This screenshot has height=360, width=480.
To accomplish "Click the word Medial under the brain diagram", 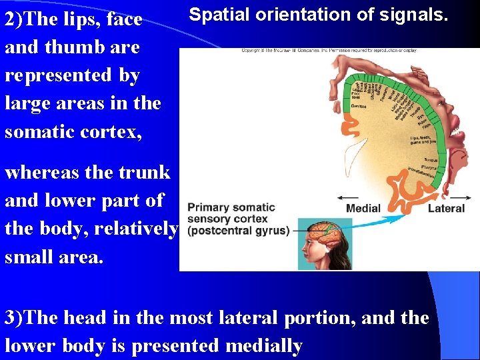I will click(363, 209).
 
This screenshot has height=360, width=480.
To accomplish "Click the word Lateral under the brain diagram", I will click(446, 209).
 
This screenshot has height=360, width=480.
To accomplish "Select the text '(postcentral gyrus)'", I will click(238, 231).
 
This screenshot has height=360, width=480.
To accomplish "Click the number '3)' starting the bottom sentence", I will click(13, 318).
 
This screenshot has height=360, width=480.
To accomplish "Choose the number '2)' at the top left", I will click(14, 19).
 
